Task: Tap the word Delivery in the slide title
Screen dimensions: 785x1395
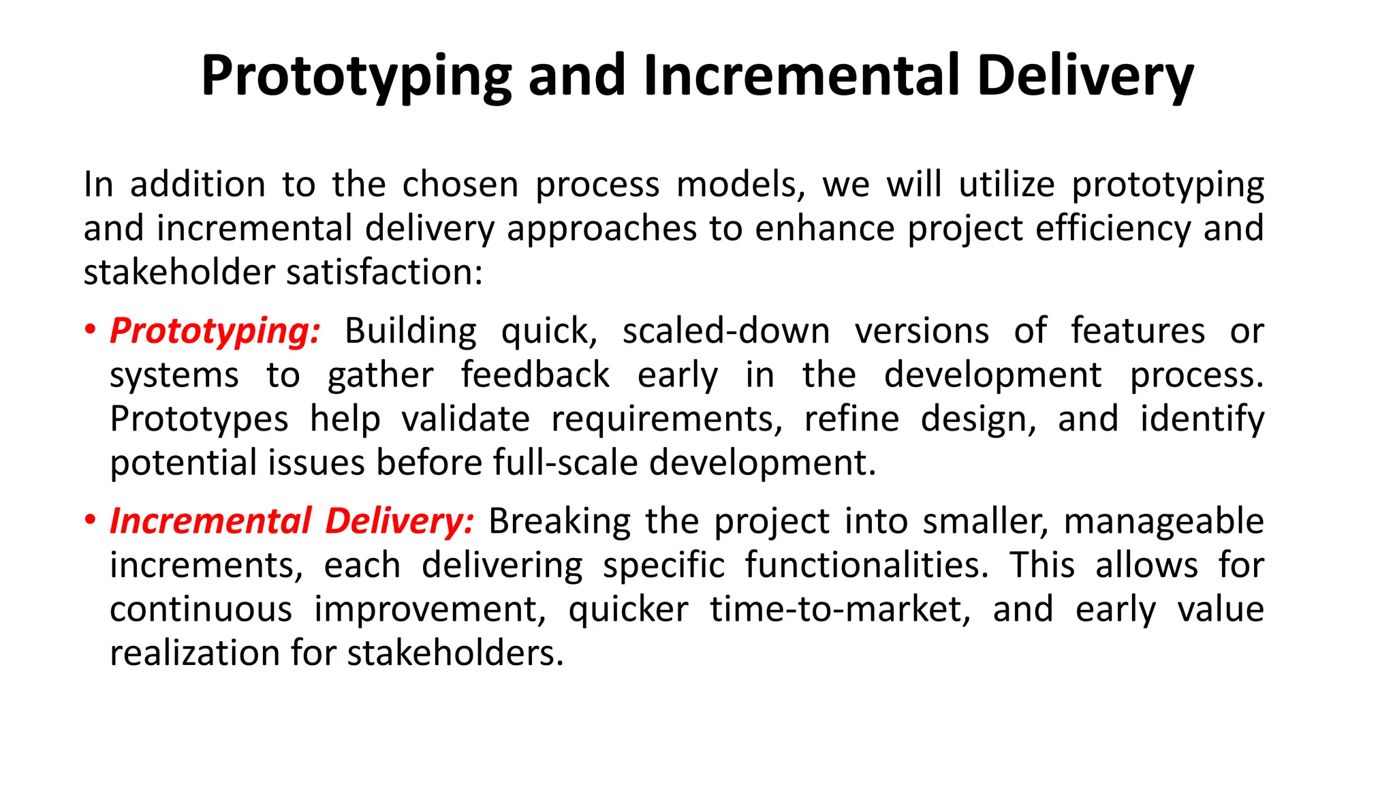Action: tap(1084, 76)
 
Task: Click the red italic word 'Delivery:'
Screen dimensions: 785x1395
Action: tap(399, 521)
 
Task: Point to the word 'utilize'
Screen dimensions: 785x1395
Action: tap(1007, 185)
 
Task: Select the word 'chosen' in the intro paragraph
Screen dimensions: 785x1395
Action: tap(460, 185)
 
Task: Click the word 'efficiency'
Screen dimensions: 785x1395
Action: tap(1112, 228)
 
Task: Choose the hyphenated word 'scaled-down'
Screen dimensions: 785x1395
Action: tap(725, 331)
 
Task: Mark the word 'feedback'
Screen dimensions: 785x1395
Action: tap(535, 375)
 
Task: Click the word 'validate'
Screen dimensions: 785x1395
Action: tap(465, 419)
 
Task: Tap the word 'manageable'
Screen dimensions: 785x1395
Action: tap(1163, 522)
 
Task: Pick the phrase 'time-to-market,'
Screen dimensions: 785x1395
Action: tap(841, 609)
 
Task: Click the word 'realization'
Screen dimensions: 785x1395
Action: tap(195, 653)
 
